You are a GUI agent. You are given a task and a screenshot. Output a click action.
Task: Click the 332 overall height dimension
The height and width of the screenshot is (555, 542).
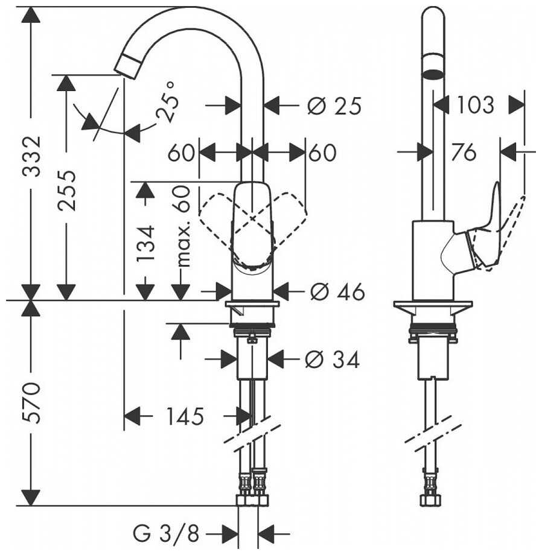tap(32, 156)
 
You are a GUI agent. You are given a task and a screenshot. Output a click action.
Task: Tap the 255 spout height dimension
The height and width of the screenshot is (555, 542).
tap(67, 191)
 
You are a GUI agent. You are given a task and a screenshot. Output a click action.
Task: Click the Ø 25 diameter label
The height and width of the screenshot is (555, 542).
tap(334, 106)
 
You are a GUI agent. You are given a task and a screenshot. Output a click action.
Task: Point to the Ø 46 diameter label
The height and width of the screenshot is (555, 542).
tap(337, 292)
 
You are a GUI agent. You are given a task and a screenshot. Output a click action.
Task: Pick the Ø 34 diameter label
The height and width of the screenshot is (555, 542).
tap(333, 360)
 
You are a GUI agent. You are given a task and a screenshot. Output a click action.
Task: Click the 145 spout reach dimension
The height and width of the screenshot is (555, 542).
tap(185, 416)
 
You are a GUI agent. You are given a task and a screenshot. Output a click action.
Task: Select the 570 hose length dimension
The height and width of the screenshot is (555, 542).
tap(32, 402)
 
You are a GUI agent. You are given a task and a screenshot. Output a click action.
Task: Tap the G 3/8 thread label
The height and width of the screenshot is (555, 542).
tap(167, 533)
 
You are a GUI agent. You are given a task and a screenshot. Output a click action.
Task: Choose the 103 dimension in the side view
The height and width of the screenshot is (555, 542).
tap(475, 105)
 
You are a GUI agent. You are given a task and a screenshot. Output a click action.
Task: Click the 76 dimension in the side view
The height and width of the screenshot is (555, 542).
tap(464, 152)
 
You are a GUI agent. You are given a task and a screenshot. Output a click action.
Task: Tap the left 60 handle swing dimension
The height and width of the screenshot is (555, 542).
tap(181, 153)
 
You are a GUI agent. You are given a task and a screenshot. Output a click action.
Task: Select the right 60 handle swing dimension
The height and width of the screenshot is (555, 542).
tap(322, 153)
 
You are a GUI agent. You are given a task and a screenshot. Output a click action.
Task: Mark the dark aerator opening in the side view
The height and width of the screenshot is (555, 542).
tap(433, 74)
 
